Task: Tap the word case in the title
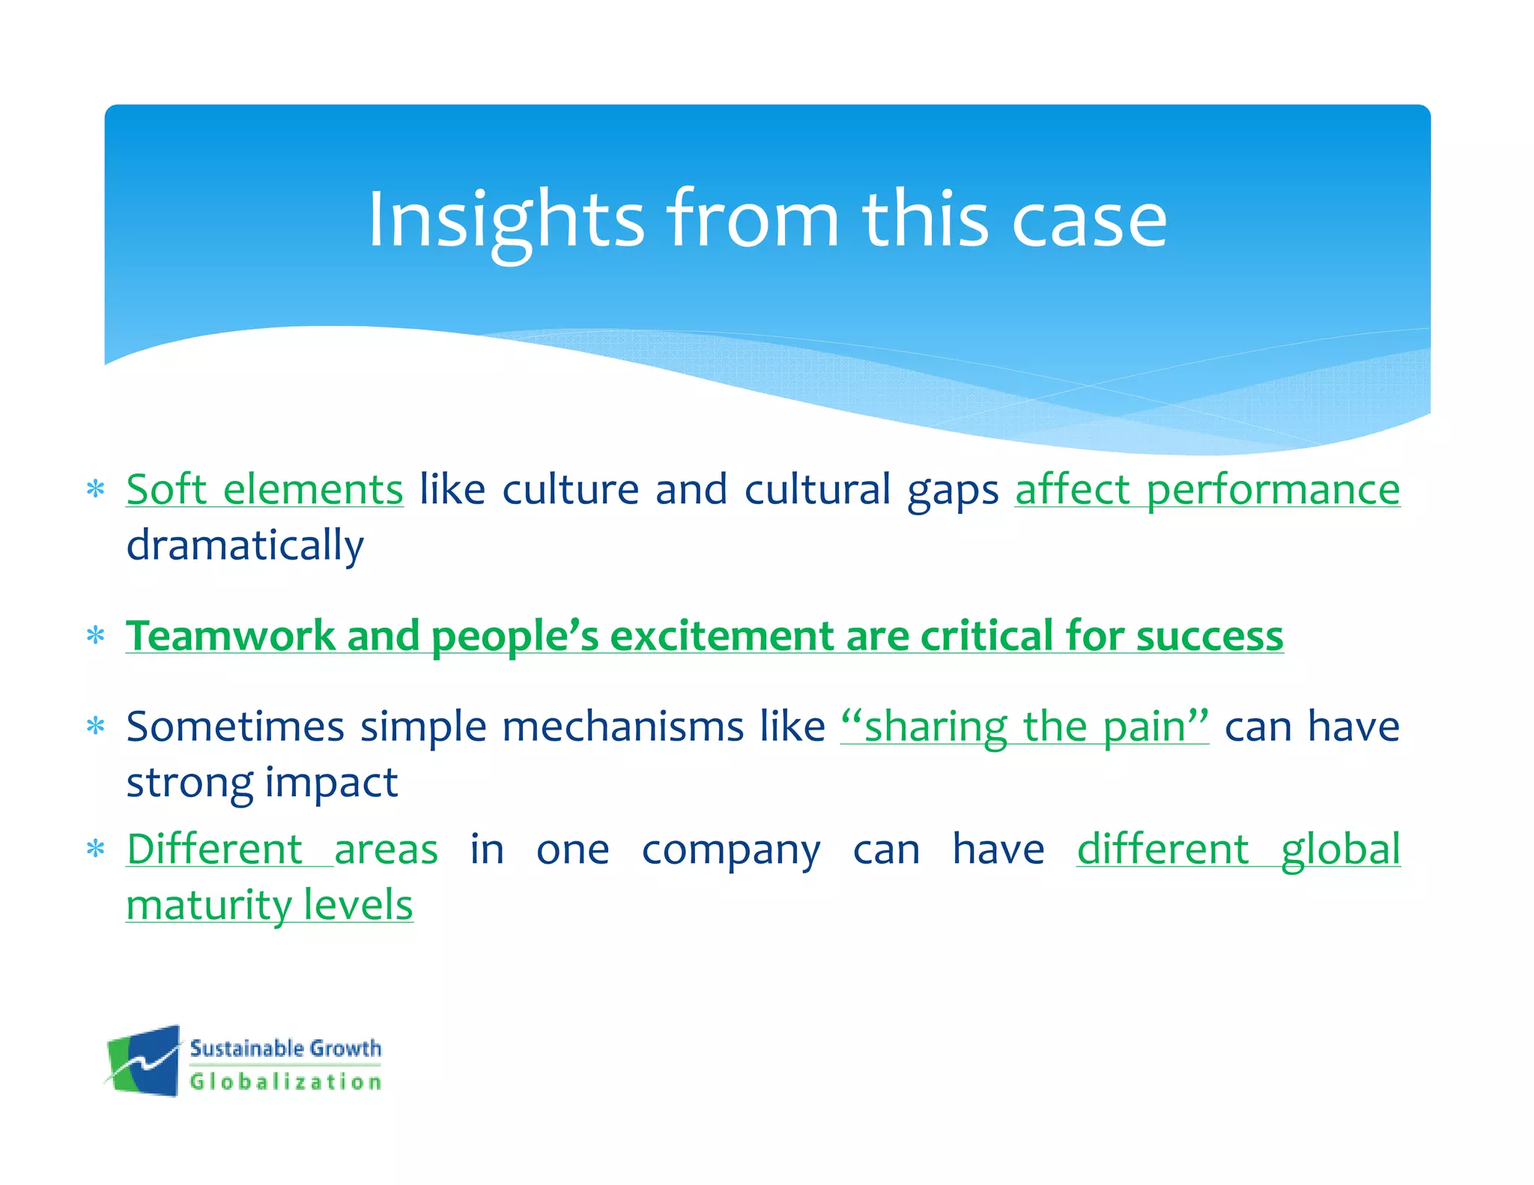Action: tap(1089, 221)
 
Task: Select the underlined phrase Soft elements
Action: tap(264, 490)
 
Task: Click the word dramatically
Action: tap(245, 545)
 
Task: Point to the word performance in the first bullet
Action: tap(1273, 490)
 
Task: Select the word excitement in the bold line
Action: tap(722, 636)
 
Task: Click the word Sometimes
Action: tap(234, 727)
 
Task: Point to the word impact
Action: tap(331, 783)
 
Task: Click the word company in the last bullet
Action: tap(731, 850)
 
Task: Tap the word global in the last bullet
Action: tap(1340, 850)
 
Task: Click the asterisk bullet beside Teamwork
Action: tap(95, 636)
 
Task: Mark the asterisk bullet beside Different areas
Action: tap(95, 849)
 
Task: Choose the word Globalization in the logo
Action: tap(285, 1082)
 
